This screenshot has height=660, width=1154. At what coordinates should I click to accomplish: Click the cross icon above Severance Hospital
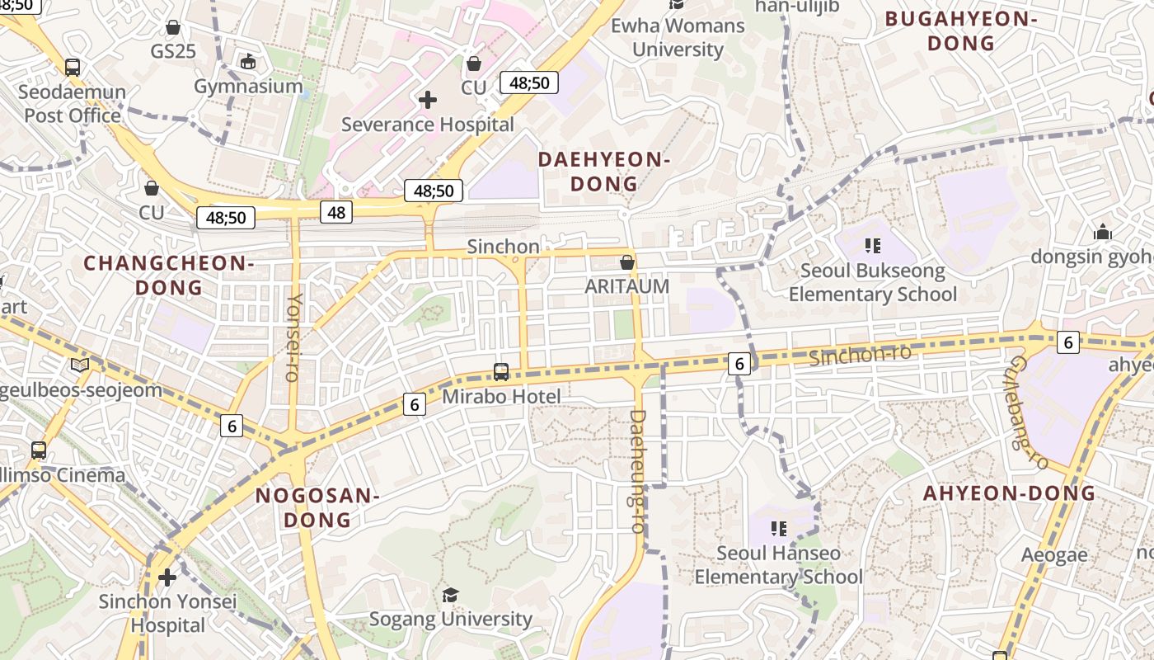coord(427,101)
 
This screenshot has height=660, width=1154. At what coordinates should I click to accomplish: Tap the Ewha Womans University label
coord(678,37)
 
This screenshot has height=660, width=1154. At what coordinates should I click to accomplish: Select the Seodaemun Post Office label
coord(73,104)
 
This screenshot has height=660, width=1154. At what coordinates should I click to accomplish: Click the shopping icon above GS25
coord(173,28)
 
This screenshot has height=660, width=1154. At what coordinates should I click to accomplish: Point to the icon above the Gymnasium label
coord(248,61)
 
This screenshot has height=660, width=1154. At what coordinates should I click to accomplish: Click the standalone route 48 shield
coord(336,212)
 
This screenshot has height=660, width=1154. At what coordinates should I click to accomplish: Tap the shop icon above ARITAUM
coord(626,262)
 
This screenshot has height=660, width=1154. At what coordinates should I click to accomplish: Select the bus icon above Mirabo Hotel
coord(501,372)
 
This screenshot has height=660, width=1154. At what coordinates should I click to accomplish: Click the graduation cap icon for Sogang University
coord(450,595)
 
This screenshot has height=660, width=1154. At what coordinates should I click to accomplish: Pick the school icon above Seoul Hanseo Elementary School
coord(778,528)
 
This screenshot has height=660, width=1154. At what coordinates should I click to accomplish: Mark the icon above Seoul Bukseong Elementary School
coord(873,245)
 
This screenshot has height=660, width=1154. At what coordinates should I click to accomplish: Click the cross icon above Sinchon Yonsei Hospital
coord(167,577)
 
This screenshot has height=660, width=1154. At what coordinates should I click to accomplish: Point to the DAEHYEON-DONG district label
coord(604,172)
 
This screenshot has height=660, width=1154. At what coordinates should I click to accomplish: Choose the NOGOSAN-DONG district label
coord(317,508)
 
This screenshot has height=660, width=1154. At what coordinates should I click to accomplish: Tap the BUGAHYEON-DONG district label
coord(960,31)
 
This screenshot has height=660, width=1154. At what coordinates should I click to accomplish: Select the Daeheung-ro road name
coord(637,470)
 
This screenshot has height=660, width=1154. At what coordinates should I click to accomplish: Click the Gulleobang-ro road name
coord(1027,412)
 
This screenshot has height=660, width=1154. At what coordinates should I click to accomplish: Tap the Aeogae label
coord(1054,554)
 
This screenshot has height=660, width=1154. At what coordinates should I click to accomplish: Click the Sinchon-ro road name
coord(860,355)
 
